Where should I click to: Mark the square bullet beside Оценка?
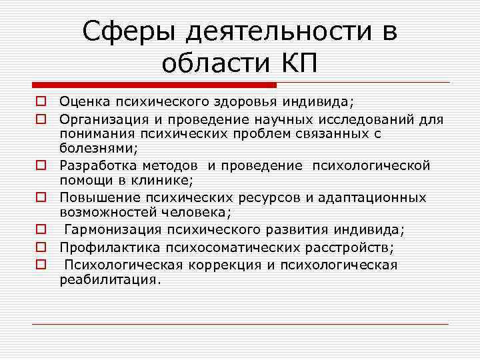click(x=41, y=102)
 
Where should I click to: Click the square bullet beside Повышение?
click(x=41, y=197)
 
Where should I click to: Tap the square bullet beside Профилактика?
click(x=41, y=247)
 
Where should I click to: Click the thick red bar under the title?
click(x=154, y=85)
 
